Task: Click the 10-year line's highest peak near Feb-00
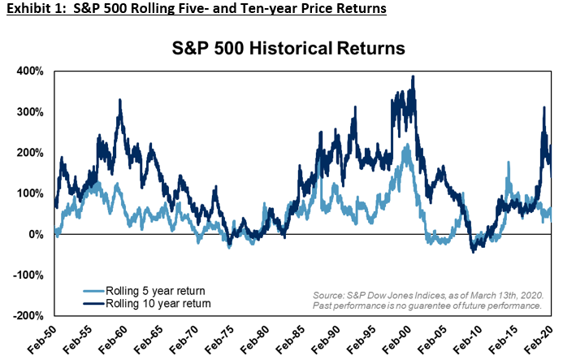coord(414,77)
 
